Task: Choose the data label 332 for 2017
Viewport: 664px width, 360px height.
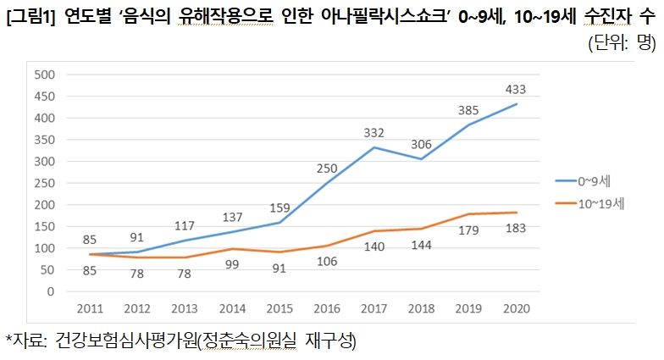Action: [x=373, y=133]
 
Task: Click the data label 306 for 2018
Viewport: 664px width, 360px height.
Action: [x=421, y=144]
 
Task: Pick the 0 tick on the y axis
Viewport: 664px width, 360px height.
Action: [x=50, y=292]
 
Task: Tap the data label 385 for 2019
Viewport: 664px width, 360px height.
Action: [x=469, y=110]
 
